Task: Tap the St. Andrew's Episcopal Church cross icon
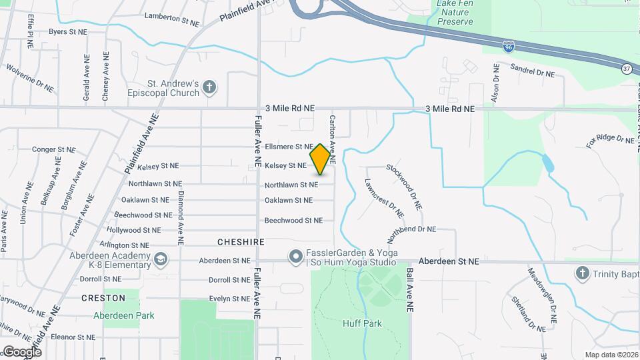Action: [209, 87]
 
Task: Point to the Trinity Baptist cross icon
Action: [582, 273]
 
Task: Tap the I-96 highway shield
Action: [509, 47]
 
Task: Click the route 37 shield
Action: [627, 69]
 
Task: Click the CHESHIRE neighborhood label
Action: [241, 242]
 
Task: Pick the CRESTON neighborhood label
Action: [103, 298]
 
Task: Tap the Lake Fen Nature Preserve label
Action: [455, 13]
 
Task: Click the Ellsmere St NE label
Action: [289, 147]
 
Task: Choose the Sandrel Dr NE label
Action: [533, 69]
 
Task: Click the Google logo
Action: [21, 351]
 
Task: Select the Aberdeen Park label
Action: [123, 315]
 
